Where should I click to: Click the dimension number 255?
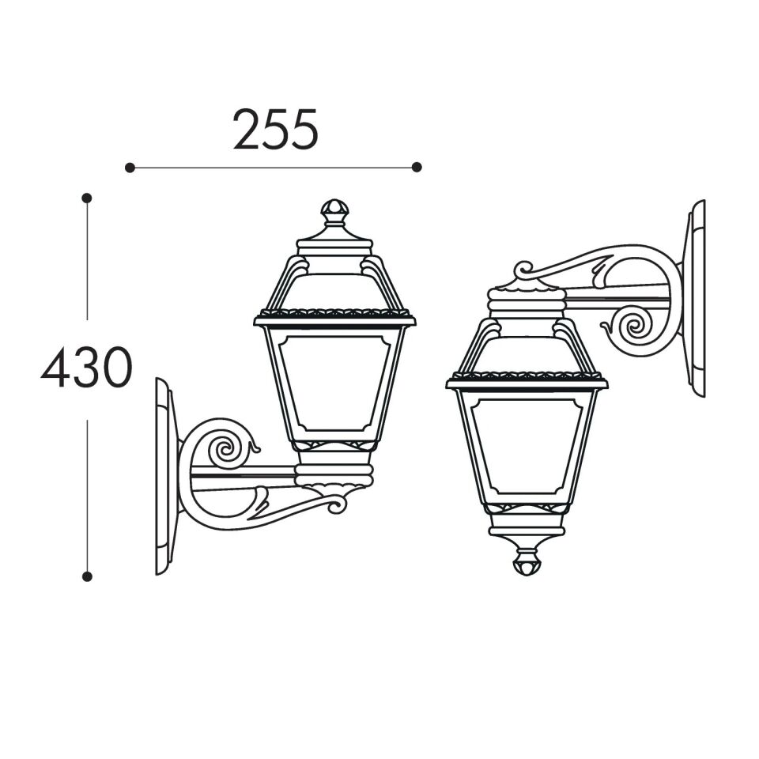click(275, 129)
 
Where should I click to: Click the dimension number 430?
click(87, 368)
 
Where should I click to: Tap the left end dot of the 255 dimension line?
click(130, 168)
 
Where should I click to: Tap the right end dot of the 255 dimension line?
click(417, 167)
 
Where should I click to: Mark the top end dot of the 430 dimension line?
click(87, 198)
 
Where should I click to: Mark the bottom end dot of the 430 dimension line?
click(87, 576)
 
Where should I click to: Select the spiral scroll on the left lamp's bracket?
click(224, 448)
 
